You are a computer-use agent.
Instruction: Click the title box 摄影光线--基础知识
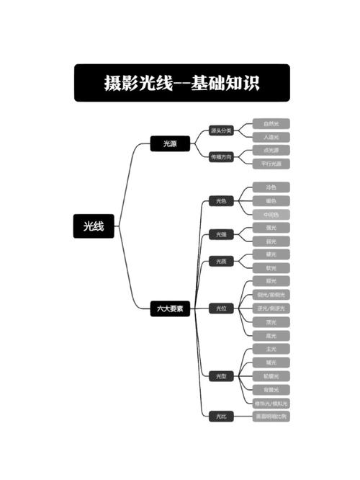click(181, 83)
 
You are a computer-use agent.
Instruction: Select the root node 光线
click(94, 226)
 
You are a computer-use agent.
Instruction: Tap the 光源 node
click(170, 144)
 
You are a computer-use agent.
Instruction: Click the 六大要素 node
click(170, 308)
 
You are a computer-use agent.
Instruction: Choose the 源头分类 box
click(221, 130)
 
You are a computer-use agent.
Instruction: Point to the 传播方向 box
click(221, 157)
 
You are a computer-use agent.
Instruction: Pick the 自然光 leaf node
click(271, 124)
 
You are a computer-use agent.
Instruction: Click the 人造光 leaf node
click(271, 137)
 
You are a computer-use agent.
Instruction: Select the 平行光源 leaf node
click(271, 164)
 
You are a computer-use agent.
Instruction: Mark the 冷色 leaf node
click(271, 187)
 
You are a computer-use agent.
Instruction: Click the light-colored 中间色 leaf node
click(271, 215)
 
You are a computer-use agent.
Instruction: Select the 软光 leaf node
click(271, 268)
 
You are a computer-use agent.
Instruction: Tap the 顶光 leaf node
click(271, 322)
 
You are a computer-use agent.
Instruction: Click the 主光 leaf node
click(271, 349)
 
